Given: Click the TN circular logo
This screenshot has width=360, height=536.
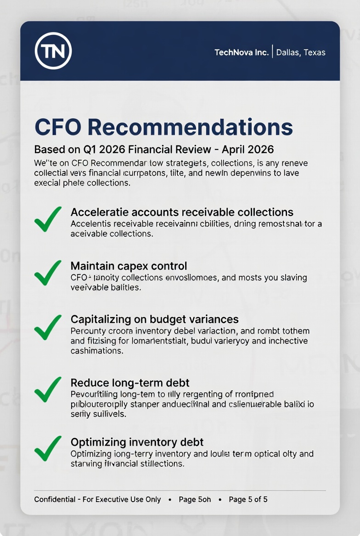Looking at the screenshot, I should click(53, 51).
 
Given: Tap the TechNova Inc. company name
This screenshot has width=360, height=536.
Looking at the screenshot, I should click(241, 52).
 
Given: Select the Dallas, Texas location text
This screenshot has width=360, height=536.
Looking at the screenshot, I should click(301, 52).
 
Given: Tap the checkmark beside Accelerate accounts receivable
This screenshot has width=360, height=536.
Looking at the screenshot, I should click(48, 219).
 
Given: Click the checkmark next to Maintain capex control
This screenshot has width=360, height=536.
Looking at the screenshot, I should click(48, 273).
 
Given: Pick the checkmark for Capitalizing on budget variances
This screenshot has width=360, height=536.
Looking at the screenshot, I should click(48, 327).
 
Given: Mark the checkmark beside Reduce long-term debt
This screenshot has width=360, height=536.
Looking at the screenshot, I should click(48, 389).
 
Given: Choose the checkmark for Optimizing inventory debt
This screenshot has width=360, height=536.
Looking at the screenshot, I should click(48, 448).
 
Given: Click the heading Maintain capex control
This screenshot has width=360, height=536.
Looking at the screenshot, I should click(129, 266).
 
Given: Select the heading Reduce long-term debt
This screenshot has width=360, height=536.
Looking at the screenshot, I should click(130, 383).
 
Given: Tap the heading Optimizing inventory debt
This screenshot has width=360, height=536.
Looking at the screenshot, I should click(137, 442).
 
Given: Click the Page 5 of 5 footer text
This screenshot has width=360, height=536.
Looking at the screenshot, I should click(248, 499).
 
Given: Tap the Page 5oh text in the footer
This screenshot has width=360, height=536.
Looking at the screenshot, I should click(195, 499).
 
